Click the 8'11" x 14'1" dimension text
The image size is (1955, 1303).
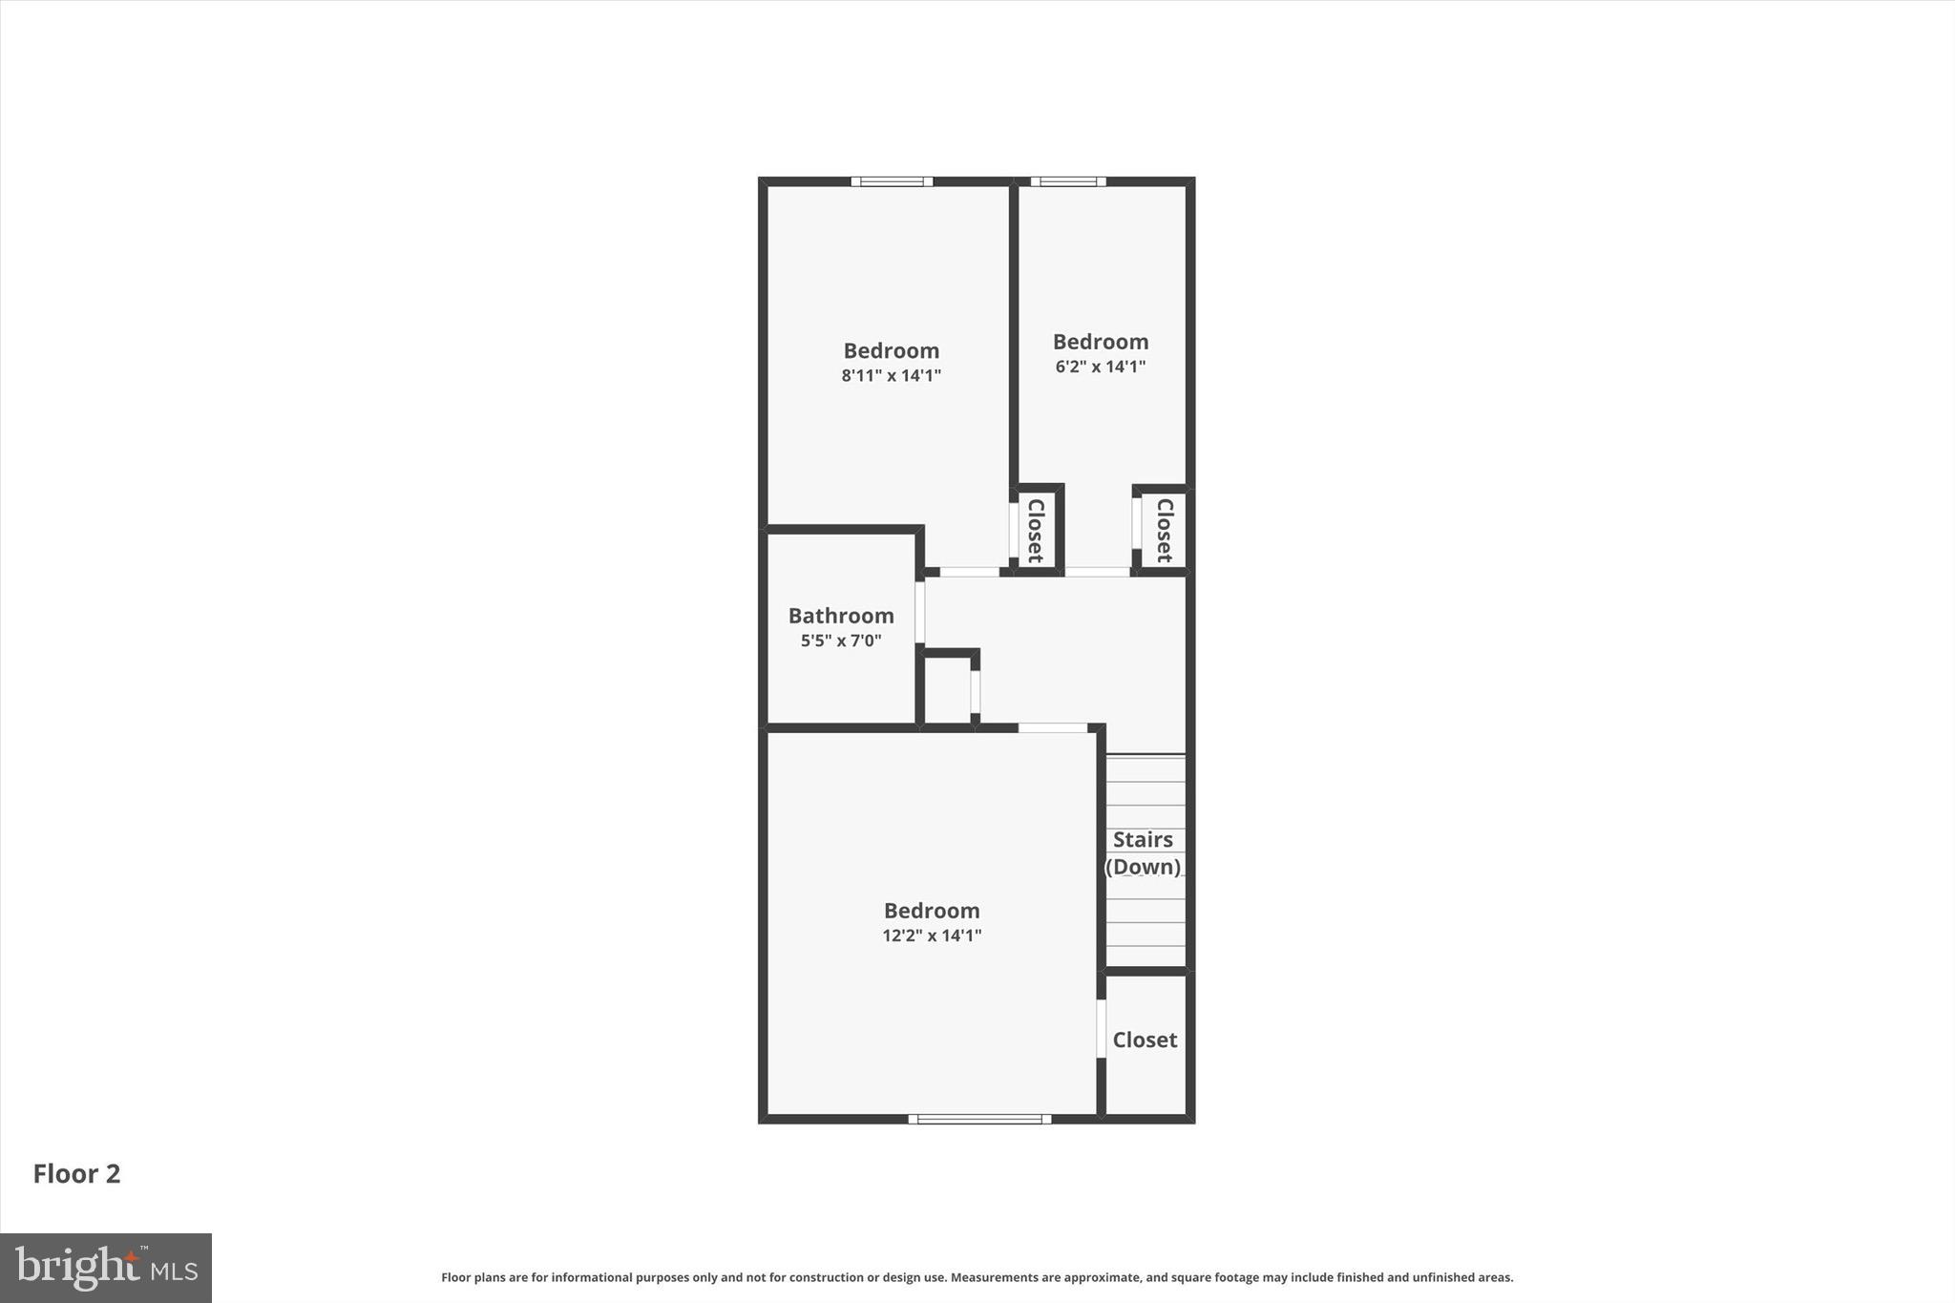click(891, 376)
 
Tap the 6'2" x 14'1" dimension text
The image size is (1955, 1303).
click(1100, 367)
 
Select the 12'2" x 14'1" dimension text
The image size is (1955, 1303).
click(932, 935)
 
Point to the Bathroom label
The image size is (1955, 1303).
click(841, 616)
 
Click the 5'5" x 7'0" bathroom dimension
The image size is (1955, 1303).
click(841, 641)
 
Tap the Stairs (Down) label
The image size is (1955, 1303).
click(1144, 852)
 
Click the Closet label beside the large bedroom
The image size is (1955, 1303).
click(1145, 1040)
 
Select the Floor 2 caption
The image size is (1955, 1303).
click(76, 1173)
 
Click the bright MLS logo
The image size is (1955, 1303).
click(106, 1268)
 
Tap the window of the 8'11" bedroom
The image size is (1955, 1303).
click(892, 181)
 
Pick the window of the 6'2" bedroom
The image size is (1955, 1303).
click(1067, 181)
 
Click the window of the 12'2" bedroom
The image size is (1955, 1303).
click(979, 1119)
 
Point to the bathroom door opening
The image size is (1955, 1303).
click(920, 612)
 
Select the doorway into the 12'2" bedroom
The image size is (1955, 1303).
click(1052, 727)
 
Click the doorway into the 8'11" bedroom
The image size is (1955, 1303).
click(970, 572)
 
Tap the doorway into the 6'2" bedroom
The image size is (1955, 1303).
click(1098, 572)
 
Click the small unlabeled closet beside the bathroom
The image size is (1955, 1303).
click(948, 689)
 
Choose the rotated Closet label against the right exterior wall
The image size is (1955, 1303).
click(1165, 530)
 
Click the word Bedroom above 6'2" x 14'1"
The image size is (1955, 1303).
click(1100, 342)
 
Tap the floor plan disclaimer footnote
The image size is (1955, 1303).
click(977, 1277)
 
